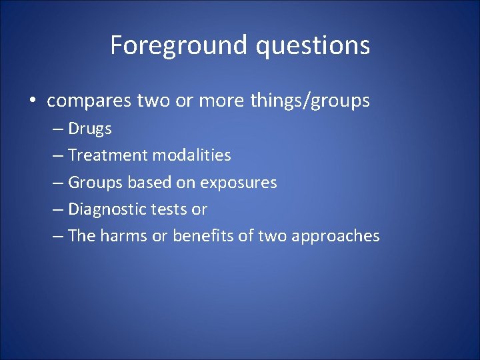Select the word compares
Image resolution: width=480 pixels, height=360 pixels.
tap(89, 101)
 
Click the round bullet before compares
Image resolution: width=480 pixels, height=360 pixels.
tap(32, 101)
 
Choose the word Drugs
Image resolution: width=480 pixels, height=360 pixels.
tap(90, 129)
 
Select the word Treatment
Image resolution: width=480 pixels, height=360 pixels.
tap(108, 155)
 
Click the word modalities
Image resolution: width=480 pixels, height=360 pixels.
tap(191, 155)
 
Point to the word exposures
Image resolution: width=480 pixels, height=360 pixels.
tap(238, 182)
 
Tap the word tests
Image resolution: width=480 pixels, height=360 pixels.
tap(169, 209)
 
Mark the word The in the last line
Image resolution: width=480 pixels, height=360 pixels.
tap(82, 235)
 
